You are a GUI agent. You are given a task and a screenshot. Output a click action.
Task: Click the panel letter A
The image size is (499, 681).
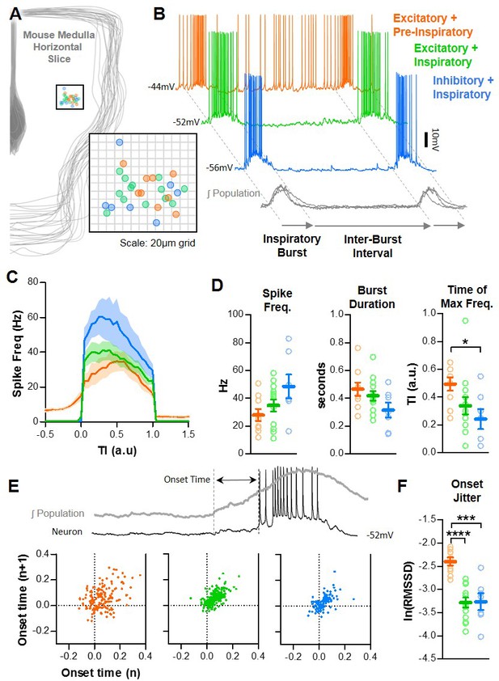(15, 14)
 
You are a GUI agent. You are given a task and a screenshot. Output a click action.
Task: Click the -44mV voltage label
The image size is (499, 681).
(161, 87)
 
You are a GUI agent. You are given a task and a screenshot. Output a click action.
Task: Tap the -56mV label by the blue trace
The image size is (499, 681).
(219, 167)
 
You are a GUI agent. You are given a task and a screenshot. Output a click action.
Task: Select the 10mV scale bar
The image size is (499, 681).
(426, 139)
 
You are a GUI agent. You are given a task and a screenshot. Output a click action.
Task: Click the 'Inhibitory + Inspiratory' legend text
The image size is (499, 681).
(463, 87)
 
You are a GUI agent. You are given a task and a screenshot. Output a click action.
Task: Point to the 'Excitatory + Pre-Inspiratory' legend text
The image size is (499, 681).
(433, 25)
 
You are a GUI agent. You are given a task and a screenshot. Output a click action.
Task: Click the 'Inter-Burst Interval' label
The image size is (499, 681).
(373, 246)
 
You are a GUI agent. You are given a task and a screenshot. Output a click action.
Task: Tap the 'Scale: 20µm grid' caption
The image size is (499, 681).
(158, 243)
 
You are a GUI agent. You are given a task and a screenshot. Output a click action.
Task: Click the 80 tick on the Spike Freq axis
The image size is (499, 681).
(32, 282)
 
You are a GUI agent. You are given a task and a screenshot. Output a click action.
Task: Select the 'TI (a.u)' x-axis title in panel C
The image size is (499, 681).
(116, 450)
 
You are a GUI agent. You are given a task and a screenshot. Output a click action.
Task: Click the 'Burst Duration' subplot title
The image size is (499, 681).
(372, 297)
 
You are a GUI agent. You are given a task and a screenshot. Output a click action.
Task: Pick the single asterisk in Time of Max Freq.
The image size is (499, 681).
(466, 342)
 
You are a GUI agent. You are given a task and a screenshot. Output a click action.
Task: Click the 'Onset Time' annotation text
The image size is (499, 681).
(187, 480)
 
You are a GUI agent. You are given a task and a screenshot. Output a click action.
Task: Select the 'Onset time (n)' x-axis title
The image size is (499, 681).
(101, 672)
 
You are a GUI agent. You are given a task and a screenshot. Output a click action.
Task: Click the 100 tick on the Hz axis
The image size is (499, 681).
(236, 314)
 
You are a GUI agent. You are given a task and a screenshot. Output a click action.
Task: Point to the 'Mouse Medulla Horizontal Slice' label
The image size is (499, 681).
(58, 46)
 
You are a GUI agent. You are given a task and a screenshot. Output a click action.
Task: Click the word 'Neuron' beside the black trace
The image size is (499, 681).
(67, 531)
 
